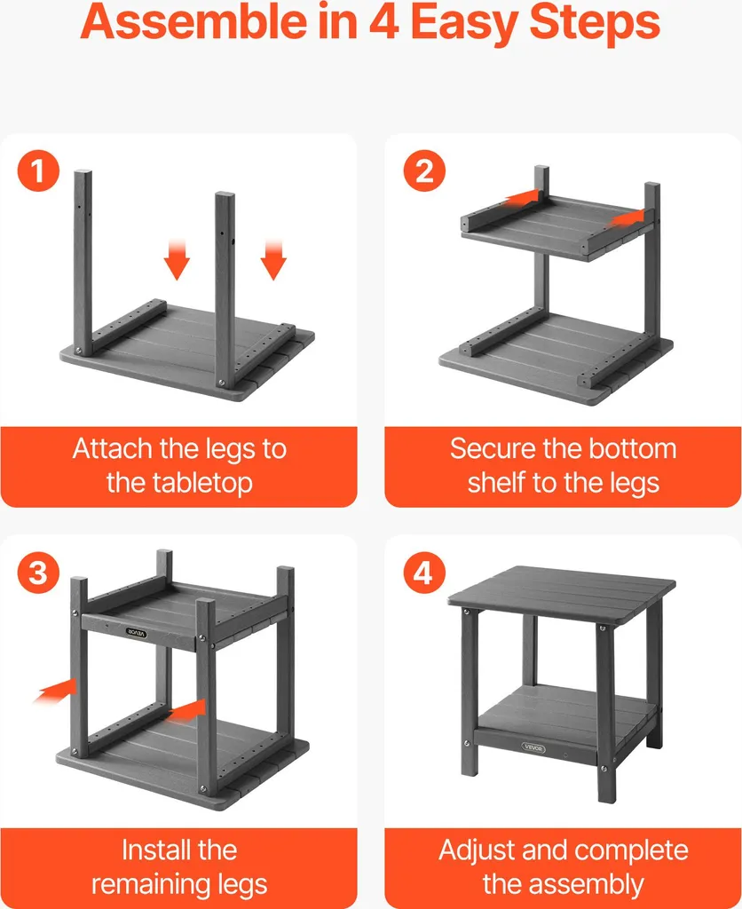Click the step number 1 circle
click(x=38, y=170)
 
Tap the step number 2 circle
click(x=424, y=170)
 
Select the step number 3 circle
click(x=38, y=573)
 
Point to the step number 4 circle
click(x=424, y=573)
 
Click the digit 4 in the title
click(x=383, y=21)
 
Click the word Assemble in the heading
click(x=193, y=21)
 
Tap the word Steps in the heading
click(x=595, y=23)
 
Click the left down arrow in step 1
click(x=177, y=259)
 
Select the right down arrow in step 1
click(x=273, y=259)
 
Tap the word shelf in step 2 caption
click(x=496, y=482)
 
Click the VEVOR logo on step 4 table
click(x=533, y=747)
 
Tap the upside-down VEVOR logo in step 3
click(x=137, y=633)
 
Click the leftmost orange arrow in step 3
click(x=56, y=690)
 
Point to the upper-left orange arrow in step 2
click(x=521, y=198)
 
